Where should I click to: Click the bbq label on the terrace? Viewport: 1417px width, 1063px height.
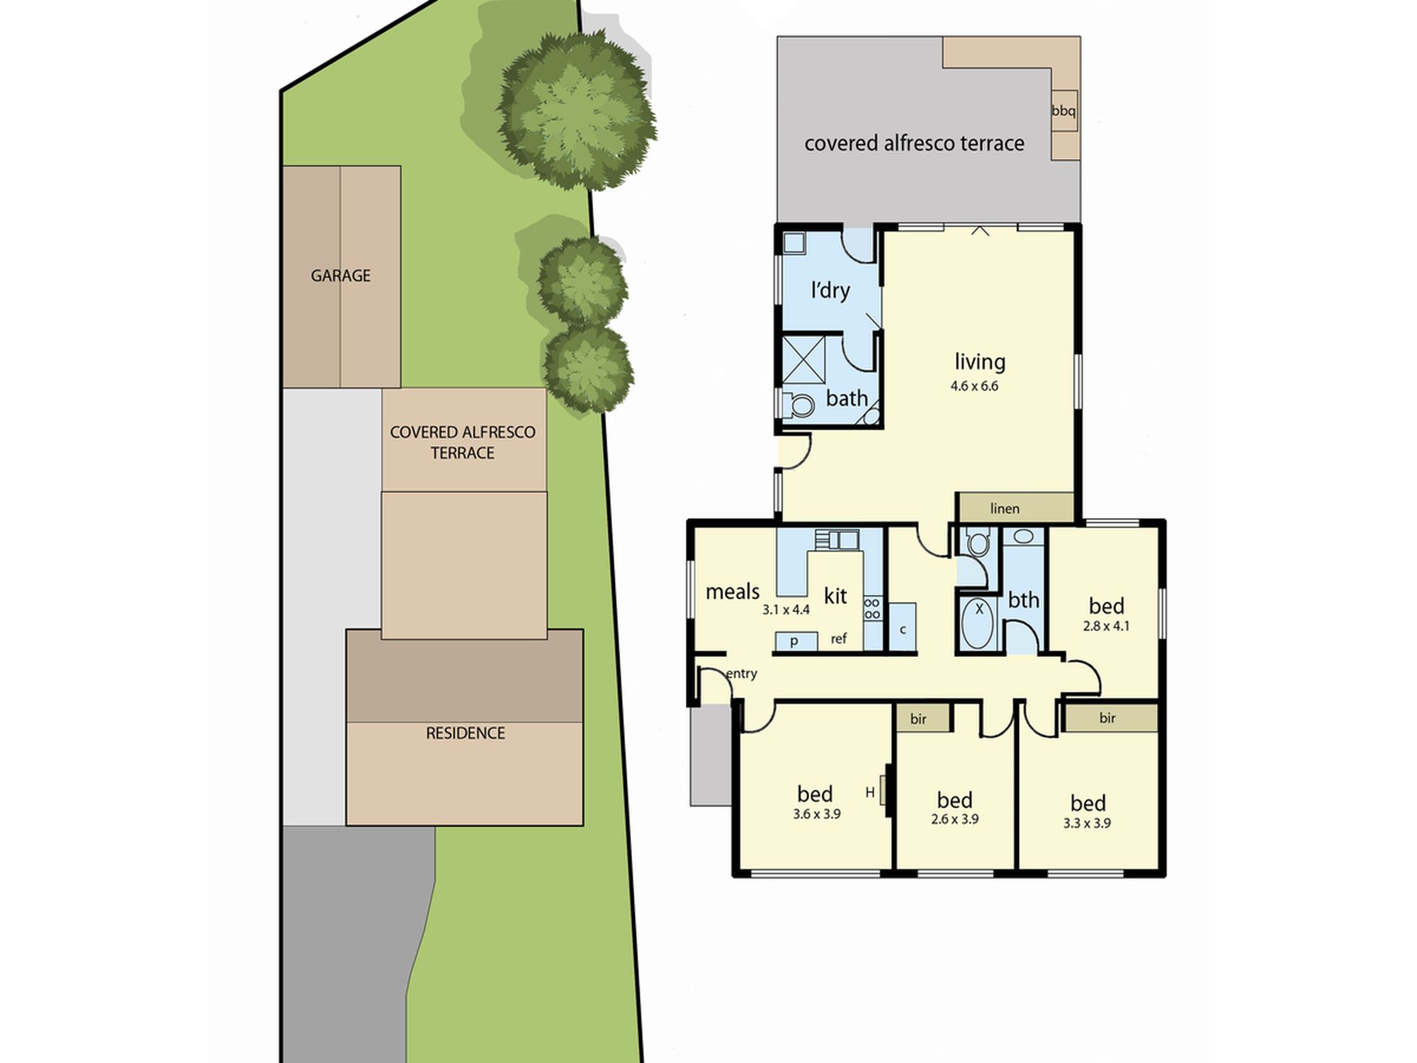coord(1063,111)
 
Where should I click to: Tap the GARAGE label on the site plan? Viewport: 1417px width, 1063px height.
coord(341,276)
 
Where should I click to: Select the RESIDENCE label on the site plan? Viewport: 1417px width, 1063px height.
coord(465,733)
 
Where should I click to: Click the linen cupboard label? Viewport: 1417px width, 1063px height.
coord(1005,508)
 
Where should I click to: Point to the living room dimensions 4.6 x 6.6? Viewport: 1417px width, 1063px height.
coord(974,386)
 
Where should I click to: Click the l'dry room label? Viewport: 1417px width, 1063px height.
coord(830,290)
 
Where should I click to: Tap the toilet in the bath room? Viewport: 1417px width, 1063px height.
coord(799,405)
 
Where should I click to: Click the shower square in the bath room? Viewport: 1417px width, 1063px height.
coord(803,359)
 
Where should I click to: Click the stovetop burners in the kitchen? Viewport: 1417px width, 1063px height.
coord(872,609)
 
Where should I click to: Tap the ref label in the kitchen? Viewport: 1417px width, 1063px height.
coord(839,639)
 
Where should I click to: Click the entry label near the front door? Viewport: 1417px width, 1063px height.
coord(741,674)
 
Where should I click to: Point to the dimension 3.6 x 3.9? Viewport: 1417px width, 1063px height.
coord(817,814)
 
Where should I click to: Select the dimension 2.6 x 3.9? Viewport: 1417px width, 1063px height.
coord(954,819)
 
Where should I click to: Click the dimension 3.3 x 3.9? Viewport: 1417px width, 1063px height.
coord(1087,823)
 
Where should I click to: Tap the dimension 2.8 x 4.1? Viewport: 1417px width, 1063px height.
coord(1106,626)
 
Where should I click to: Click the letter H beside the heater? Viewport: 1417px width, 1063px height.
coord(870,793)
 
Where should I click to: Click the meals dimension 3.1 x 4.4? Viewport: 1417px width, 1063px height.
coord(786,609)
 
